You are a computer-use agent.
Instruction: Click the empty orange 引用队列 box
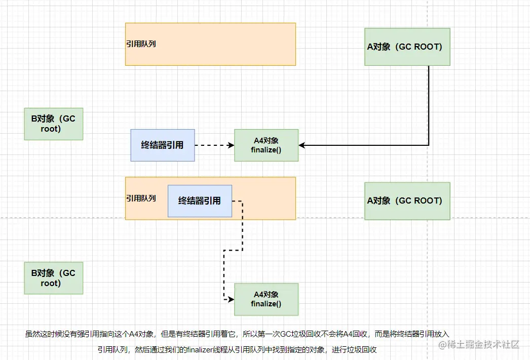pyautogui.click(x=210, y=44)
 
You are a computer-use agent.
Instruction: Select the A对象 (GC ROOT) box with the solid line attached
pyautogui.click(x=407, y=47)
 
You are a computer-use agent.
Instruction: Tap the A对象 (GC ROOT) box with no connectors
pyautogui.click(x=407, y=201)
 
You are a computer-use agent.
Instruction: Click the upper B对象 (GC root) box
pyautogui.click(x=53, y=124)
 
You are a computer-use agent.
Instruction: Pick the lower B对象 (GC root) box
pyautogui.click(x=53, y=278)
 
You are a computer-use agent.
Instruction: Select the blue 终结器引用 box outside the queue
pyautogui.click(x=162, y=145)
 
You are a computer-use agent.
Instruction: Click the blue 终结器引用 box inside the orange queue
pyautogui.click(x=200, y=201)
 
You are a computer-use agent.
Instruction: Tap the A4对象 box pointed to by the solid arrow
pyautogui.click(x=266, y=145)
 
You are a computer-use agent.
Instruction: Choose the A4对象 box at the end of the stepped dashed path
pyautogui.click(x=266, y=299)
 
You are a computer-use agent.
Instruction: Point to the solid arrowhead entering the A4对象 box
pyautogui.click(x=302, y=145)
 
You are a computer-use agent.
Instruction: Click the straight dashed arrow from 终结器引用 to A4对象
pyautogui.click(x=214, y=145)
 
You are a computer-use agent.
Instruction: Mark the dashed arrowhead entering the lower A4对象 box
pyautogui.click(x=231, y=299)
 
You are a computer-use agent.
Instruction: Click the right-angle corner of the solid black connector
pyautogui.click(x=429, y=145)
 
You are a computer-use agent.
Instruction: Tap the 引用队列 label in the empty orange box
pyautogui.click(x=141, y=44)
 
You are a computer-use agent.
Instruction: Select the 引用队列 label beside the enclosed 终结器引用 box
pyautogui.click(x=141, y=198)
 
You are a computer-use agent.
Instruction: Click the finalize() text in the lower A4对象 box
pyautogui.click(x=266, y=304)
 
